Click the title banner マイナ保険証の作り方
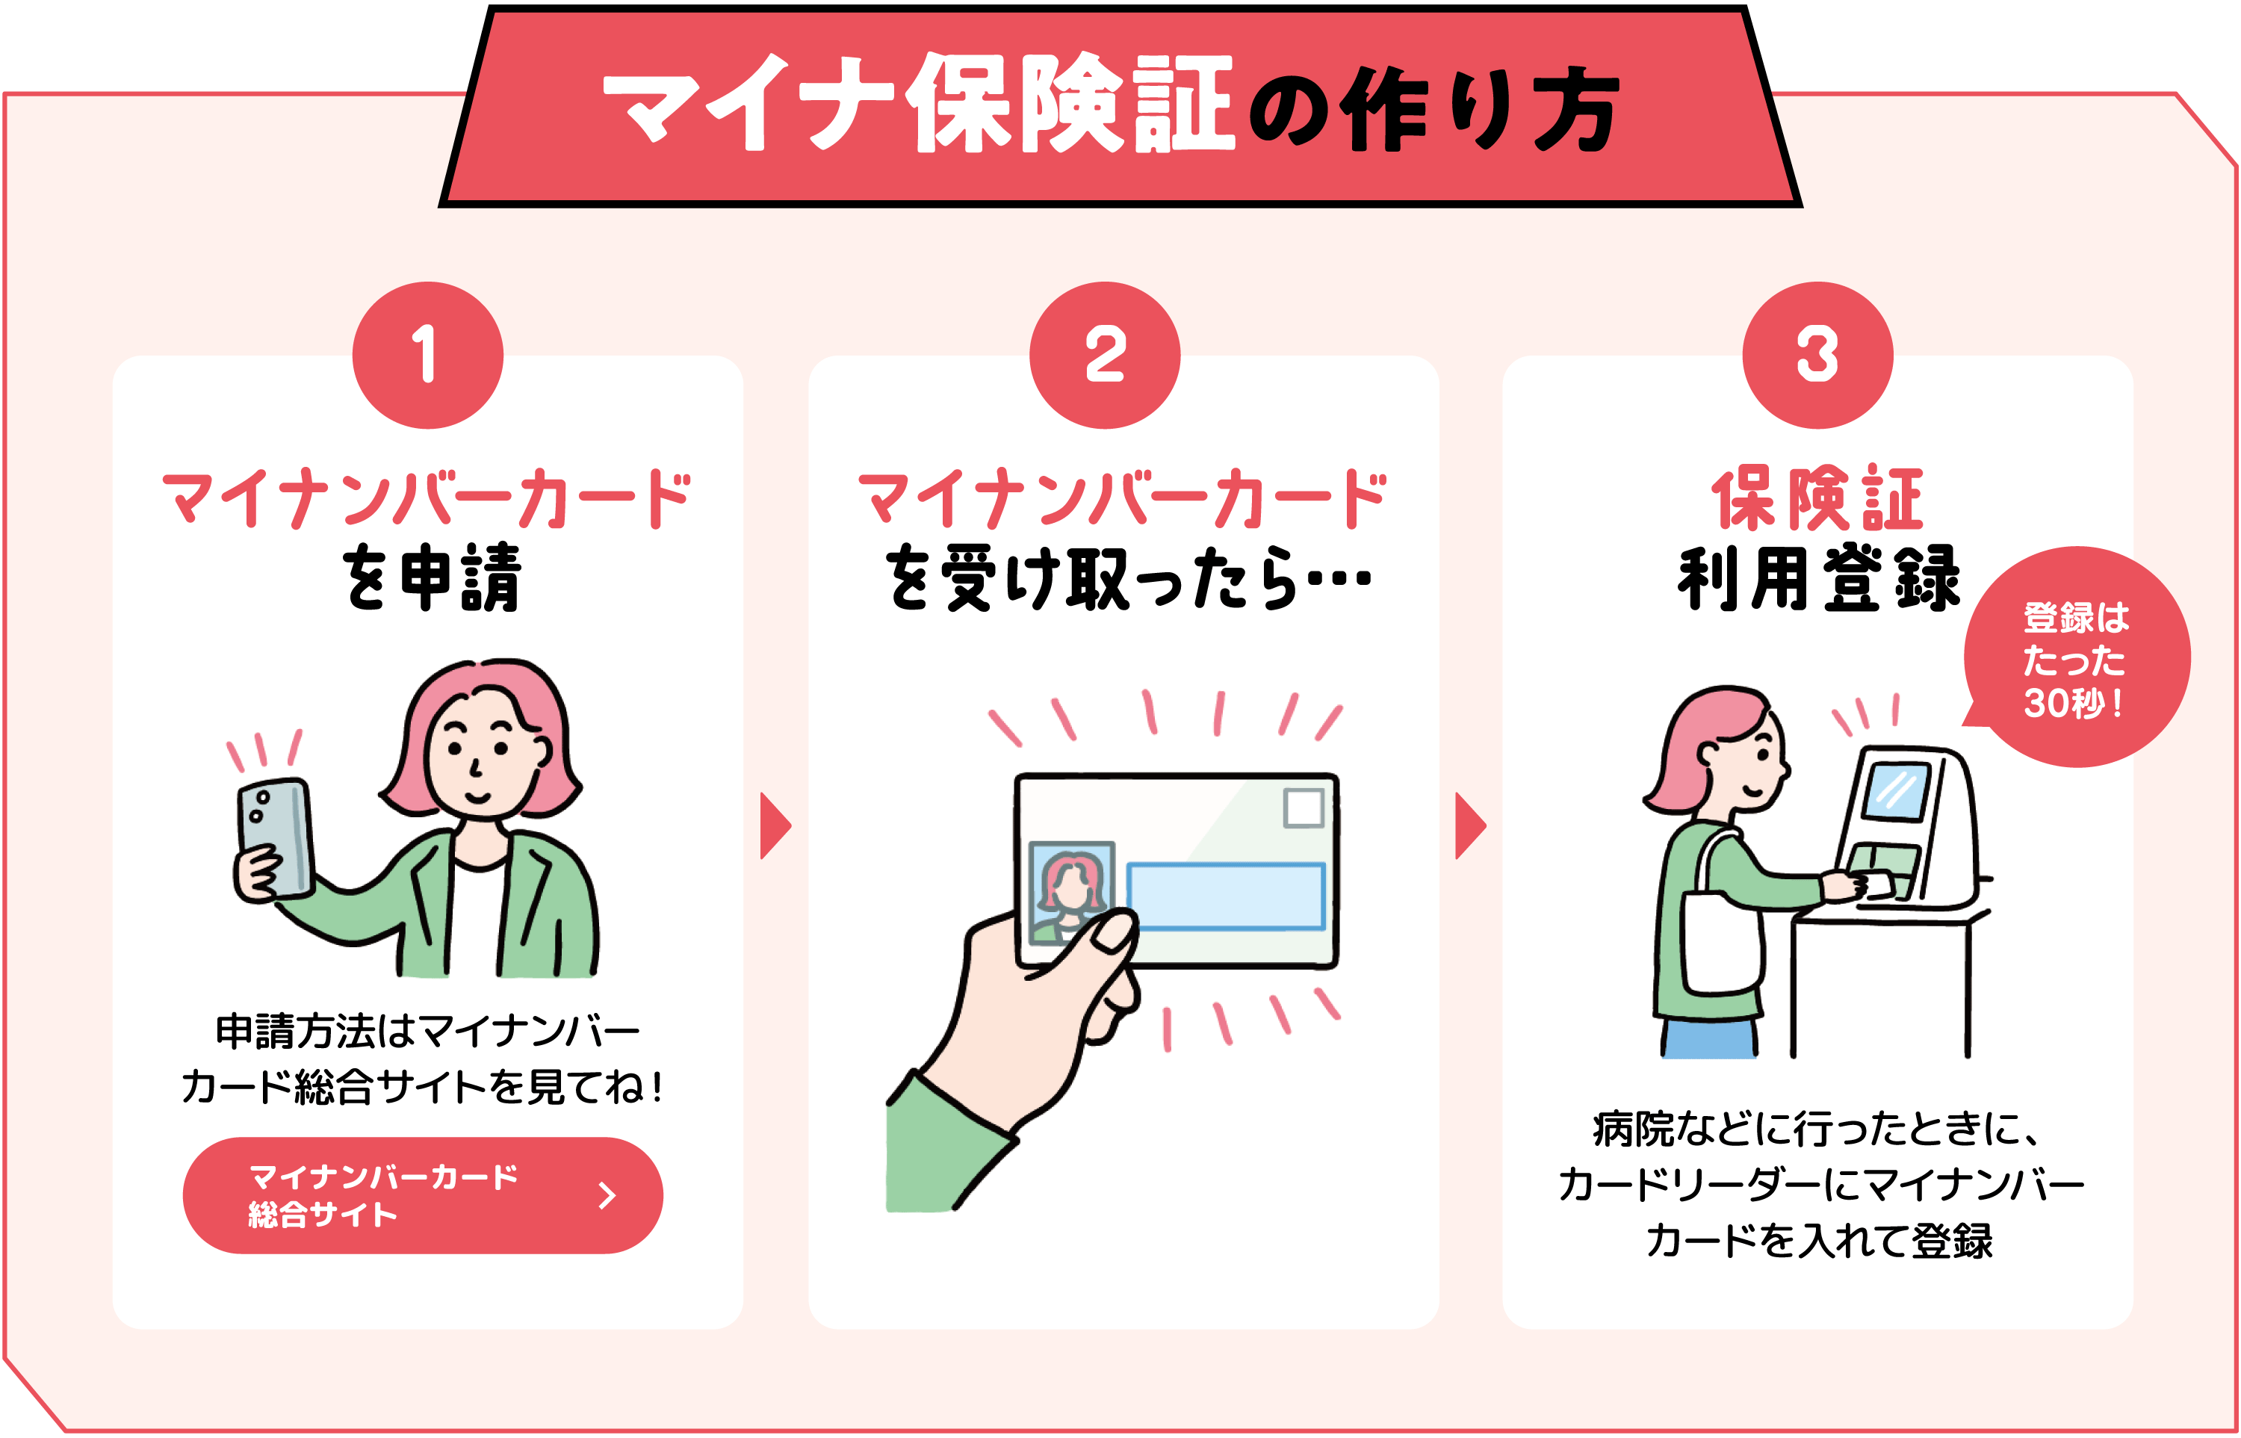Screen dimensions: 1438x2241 pos(1120,105)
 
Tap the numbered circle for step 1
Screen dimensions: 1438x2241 pos(427,355)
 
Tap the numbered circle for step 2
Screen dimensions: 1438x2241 pos(1105,355)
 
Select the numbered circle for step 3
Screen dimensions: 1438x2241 pos(1817,355)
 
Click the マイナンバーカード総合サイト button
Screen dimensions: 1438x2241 pos(422,1195)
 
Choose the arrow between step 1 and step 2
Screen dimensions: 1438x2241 pos(774,825)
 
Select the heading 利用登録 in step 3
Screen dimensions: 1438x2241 pos(1817,579)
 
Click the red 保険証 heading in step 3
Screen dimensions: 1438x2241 pos(1817,500)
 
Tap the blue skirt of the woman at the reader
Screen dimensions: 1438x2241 pos(1709,1038)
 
